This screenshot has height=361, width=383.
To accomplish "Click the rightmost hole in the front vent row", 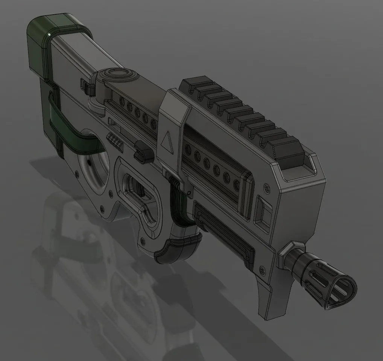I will coord(237,184).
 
